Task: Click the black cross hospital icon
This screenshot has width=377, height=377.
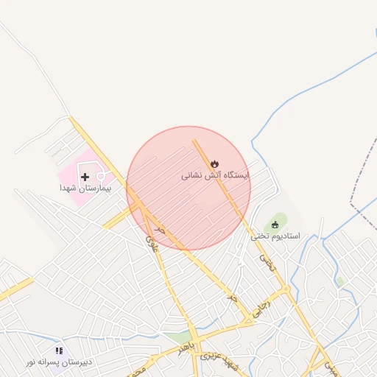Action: (x=85, y=177)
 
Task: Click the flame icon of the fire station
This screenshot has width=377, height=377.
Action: (x=214, y=163)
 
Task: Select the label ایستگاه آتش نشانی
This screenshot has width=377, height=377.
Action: (x=216, y=176)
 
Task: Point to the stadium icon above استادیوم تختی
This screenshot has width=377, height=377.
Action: (x=276, y=224)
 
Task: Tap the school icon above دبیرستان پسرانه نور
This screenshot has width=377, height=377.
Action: (x=59, y=351)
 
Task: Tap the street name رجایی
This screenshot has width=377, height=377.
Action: (x=261, y=307)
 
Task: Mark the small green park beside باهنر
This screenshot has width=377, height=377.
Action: (x=177, y=337)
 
